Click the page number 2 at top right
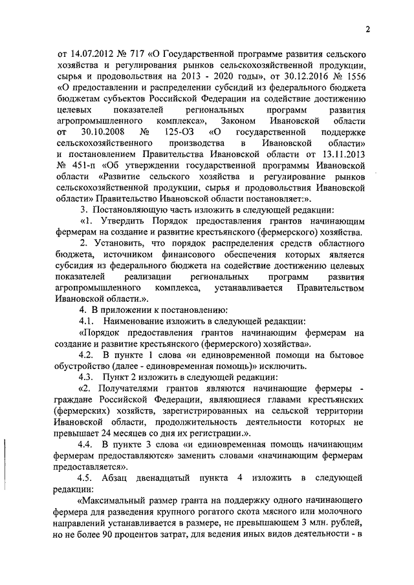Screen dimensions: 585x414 coord(366,29)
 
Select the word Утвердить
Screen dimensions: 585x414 coord(124,220)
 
